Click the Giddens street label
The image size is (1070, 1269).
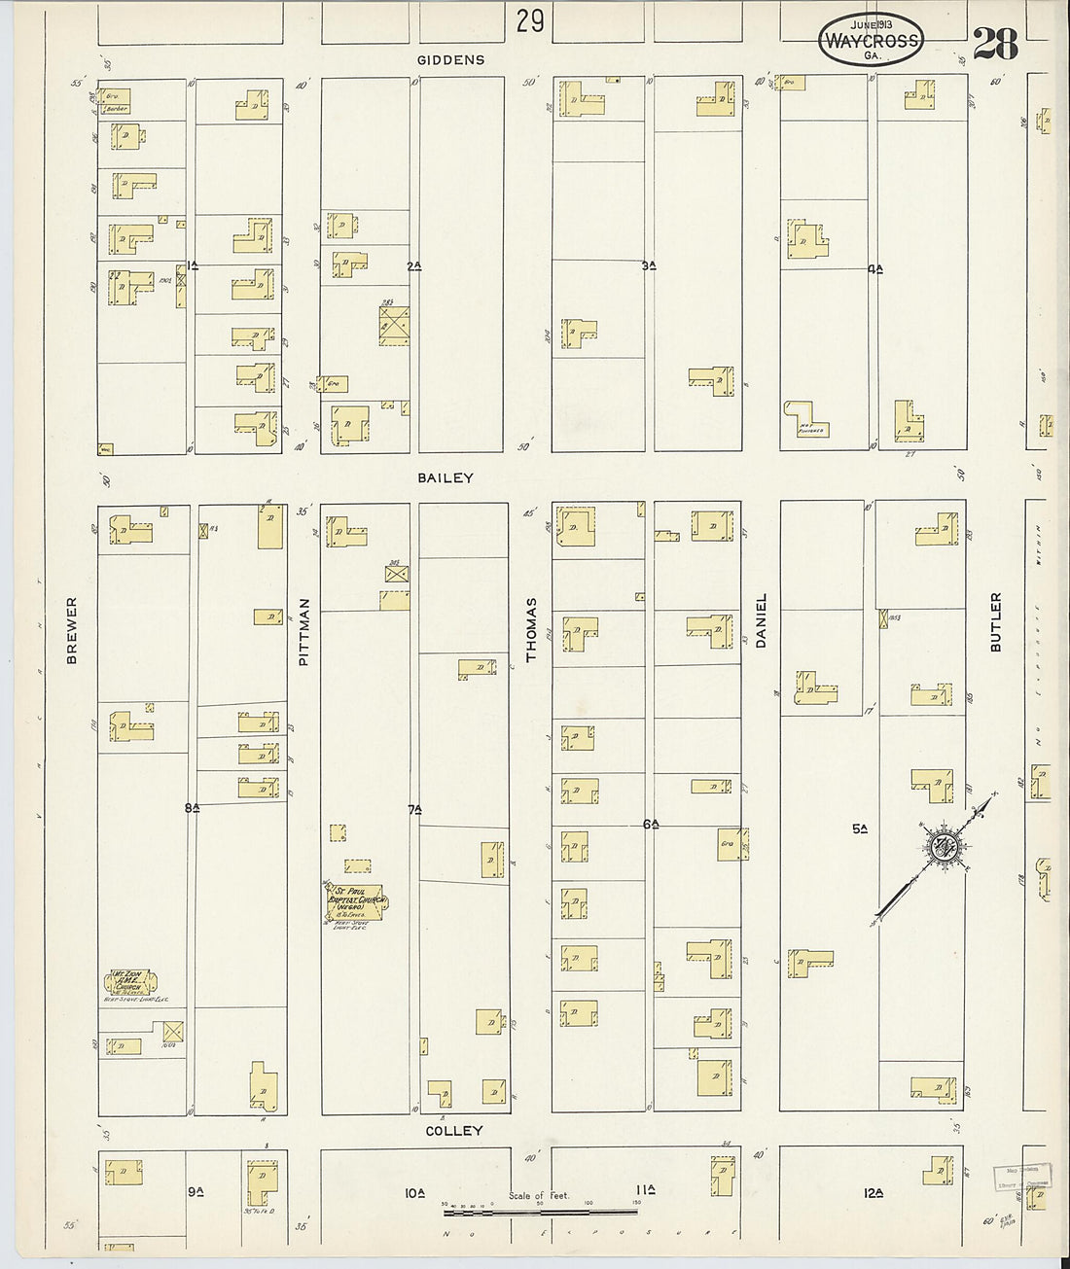click(450, 60)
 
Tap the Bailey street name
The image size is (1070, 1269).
click(446, 477)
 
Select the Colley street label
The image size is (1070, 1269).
click(453, 1131)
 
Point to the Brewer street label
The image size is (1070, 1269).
click(72, 631)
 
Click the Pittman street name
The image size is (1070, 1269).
click(303, 631)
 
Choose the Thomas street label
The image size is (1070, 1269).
click(532, 629)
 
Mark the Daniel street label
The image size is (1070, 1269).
click(762, 620)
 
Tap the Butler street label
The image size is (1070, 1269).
click(995, 621)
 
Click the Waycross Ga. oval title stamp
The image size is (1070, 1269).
click(870, 41)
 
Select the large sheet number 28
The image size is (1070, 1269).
click(994, 44)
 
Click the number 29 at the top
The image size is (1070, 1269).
click(530, 20)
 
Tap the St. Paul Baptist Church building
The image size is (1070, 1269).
click(355, 900)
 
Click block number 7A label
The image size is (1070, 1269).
click(415, 809)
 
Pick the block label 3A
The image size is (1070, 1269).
click(650, 264)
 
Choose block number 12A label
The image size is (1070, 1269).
click(873, 1192)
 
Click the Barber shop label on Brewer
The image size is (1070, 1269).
click(117, 109)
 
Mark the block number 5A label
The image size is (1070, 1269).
click(860, 828)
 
